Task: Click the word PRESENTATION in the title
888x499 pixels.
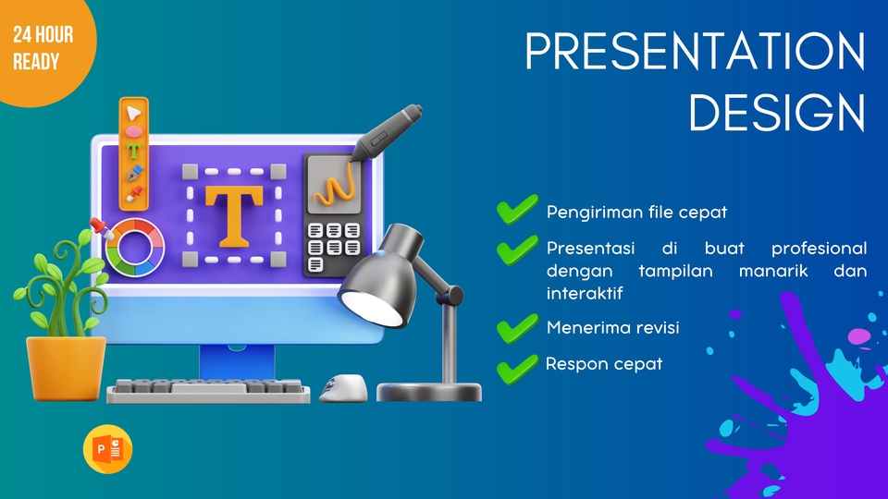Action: tap(695, 53)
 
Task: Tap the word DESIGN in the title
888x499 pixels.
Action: tap(777, 114)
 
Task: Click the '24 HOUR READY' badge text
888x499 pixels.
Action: tap(43, 49)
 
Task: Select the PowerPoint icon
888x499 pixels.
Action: tap(107, 450)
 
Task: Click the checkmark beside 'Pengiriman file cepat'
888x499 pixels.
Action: tap(516, 211)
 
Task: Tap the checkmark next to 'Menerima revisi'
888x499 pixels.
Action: tap(516, 328)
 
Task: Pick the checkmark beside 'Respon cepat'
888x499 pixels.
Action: tap(516, 368)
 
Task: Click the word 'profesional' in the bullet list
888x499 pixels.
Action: tap(819, 249)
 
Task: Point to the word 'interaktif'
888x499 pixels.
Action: tap(585, 293)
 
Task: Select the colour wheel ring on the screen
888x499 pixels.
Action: tap(134, 247)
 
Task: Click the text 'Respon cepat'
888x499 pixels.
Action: tap(604, 363)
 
